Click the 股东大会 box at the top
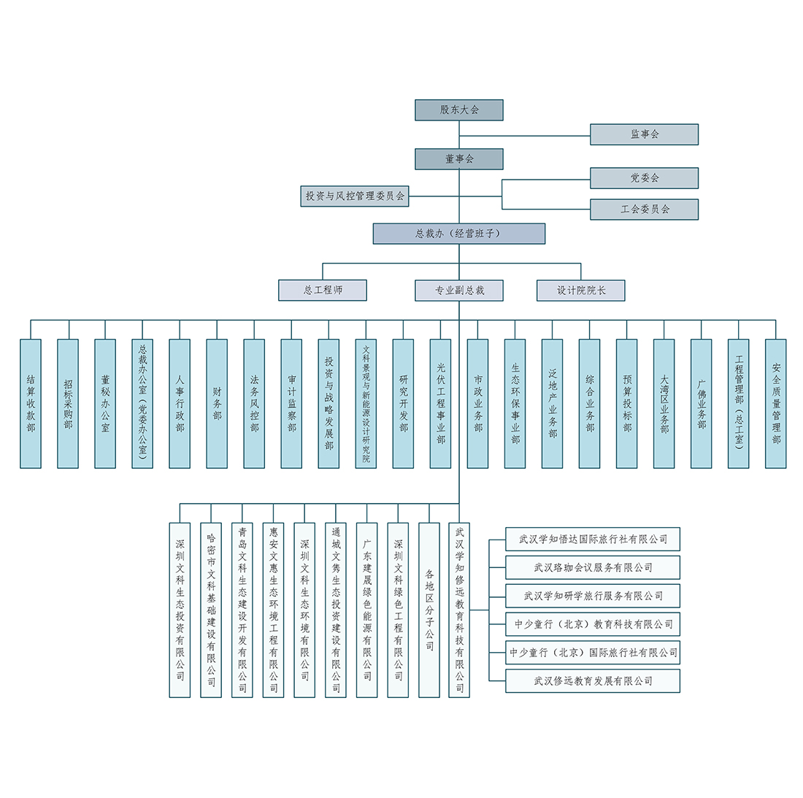coord(459,110)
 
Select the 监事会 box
coord(644,134)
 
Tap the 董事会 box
coord(459,159)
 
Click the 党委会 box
coord(644,178)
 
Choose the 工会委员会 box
coord(644,210)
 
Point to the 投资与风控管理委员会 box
coord(355,196)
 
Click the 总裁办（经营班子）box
coord(458,234)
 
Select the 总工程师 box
coord(323,290)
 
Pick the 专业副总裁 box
coord(459,290)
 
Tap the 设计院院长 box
coord(581,290)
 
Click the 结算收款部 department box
coord(31,403)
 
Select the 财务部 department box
coord(217,403)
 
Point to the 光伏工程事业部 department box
coord(440,403)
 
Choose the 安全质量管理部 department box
coord(776,403)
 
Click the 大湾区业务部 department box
coord(664,403)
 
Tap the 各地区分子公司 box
coord(429,610)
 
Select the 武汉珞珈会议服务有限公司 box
coord(593,567)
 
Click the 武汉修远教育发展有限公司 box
coord(593,681)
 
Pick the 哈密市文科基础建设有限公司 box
coord(211,610)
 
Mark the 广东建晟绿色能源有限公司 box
coord(367,610)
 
